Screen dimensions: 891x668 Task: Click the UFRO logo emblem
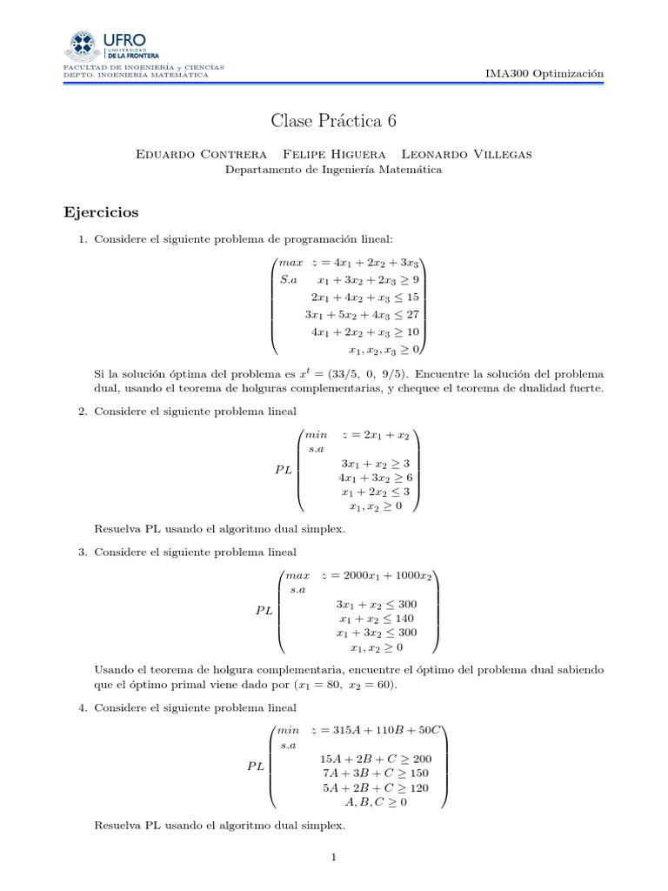(x=83, y=44)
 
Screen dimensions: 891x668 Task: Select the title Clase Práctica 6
(x=333, y=121)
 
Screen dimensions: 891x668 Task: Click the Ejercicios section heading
(x=102, y=212)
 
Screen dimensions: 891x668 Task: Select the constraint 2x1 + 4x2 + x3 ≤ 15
(x=365, y=297)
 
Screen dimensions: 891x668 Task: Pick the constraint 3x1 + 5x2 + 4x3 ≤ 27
(x=363, y=314)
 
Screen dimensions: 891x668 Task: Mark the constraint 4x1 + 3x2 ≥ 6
(x=375, y=478)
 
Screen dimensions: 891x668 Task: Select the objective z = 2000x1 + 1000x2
(x=377, y=576)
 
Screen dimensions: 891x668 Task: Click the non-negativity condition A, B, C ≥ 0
(x=376, y=801)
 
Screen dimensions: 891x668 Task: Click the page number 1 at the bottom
(x=333, y=857)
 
